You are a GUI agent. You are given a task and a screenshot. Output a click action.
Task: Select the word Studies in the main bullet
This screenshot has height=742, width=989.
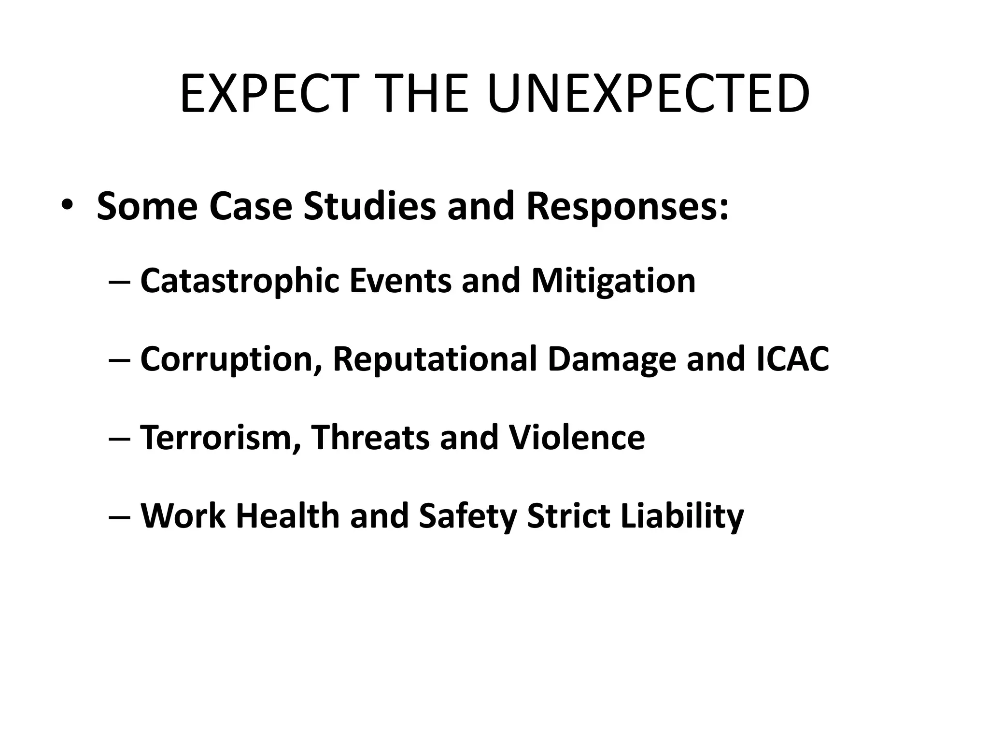[369, 206]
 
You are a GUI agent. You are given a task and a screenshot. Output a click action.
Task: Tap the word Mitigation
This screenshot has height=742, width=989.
[613, 282]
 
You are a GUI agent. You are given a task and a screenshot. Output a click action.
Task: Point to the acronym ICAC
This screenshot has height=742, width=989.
[792, 359]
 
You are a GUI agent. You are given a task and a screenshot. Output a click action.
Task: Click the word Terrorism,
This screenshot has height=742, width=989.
[220, 438]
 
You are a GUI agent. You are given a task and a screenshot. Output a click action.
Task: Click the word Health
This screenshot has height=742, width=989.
[288, 516]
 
